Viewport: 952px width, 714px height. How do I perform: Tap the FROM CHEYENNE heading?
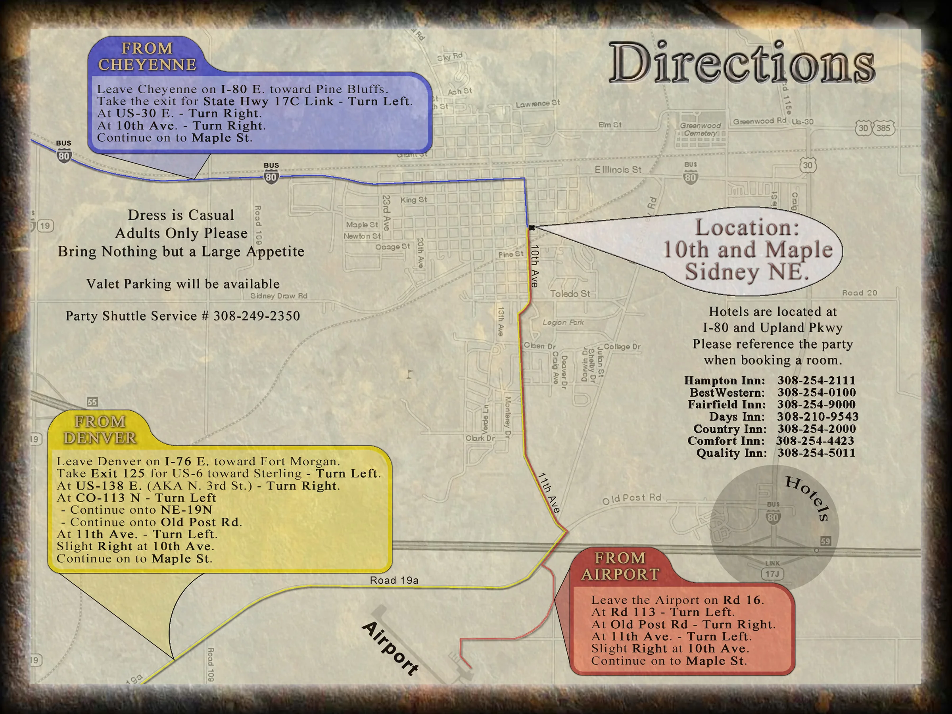tap(147, 56)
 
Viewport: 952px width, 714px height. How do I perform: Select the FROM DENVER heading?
tap(100, 430)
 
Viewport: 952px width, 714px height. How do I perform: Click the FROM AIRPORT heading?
tap(620, 566)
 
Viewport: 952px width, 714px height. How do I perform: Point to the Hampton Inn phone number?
tap(816, 380)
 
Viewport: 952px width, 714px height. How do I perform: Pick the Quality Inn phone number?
tap(816, 453)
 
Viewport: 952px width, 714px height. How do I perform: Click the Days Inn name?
tap(737, 416)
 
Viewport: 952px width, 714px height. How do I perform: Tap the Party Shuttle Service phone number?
tap(257, 316)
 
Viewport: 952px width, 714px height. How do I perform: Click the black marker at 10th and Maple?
tap(532, 228)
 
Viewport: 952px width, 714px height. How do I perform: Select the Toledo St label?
tap(570, 294)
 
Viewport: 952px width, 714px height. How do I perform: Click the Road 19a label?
tap(394, 580)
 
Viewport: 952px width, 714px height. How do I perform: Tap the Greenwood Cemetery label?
tap(700, 129)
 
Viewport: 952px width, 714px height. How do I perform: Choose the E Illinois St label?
tap(618, 169)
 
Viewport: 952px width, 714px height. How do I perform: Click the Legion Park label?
tap(563, 322)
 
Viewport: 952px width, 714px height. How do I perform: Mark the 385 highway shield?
tap(883, 128)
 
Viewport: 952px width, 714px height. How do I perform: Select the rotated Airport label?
tap(390, 648)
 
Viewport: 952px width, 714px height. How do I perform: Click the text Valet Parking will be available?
tap(183, 284)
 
